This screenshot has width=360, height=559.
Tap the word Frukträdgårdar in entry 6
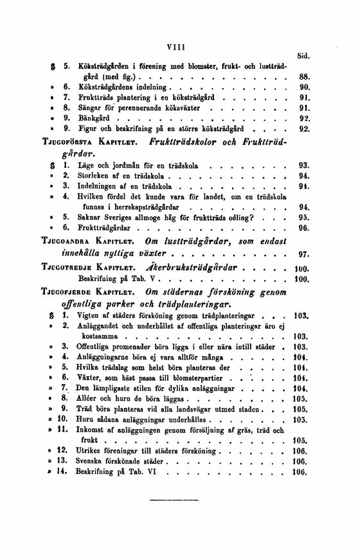coord(103,228)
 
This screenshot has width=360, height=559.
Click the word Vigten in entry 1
coord(88,316)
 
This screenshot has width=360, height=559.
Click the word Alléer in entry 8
coord(89,398)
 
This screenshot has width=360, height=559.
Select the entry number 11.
coord(62,429)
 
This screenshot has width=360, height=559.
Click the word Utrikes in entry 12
coord(89,451)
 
